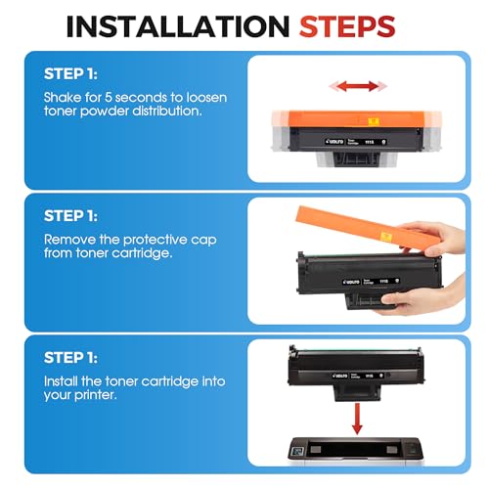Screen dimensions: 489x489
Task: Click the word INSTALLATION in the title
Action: point(178,26)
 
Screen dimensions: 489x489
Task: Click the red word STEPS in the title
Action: point(347,26)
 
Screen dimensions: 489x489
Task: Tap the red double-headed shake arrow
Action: point(358,86)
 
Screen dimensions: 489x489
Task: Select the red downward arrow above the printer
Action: point(357,419)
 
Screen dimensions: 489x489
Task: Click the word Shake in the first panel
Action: point(63,98)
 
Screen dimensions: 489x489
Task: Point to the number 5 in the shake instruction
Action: point(108,98)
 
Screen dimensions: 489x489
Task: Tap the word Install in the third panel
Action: point(61,381)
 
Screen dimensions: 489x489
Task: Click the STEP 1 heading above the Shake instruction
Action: point(70,74)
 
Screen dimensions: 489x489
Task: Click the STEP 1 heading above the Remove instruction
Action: point(70,216)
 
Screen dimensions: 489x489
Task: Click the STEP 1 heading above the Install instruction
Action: point(70,358)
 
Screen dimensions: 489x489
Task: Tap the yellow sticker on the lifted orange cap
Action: point(385,236)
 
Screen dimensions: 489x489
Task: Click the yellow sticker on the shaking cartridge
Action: point(374,121)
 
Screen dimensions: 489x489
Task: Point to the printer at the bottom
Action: point(356,450)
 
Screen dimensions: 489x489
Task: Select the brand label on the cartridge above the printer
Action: point(360,376)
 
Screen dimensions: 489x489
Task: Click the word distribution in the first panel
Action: point(167,111)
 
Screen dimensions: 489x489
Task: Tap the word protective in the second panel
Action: point(155,241)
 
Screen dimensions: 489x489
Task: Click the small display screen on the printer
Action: point(297,452)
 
